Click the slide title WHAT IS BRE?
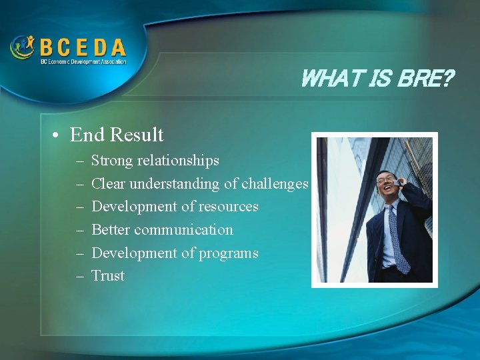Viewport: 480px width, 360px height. (377, 79)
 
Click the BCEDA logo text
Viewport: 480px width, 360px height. (82, 47)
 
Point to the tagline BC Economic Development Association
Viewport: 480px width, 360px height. (82, 61)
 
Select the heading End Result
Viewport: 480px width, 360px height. (117, 135)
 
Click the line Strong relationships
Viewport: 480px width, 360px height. (155, 161)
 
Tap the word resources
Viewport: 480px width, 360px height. (228, 207)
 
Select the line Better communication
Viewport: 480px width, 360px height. (162, 230)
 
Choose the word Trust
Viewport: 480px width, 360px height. (108, 276)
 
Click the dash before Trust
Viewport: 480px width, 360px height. (79, 276)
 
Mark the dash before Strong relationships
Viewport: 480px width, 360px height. (79, 161)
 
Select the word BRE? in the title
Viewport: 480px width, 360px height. (425, 79)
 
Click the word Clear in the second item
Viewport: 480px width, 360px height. (108, 183)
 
